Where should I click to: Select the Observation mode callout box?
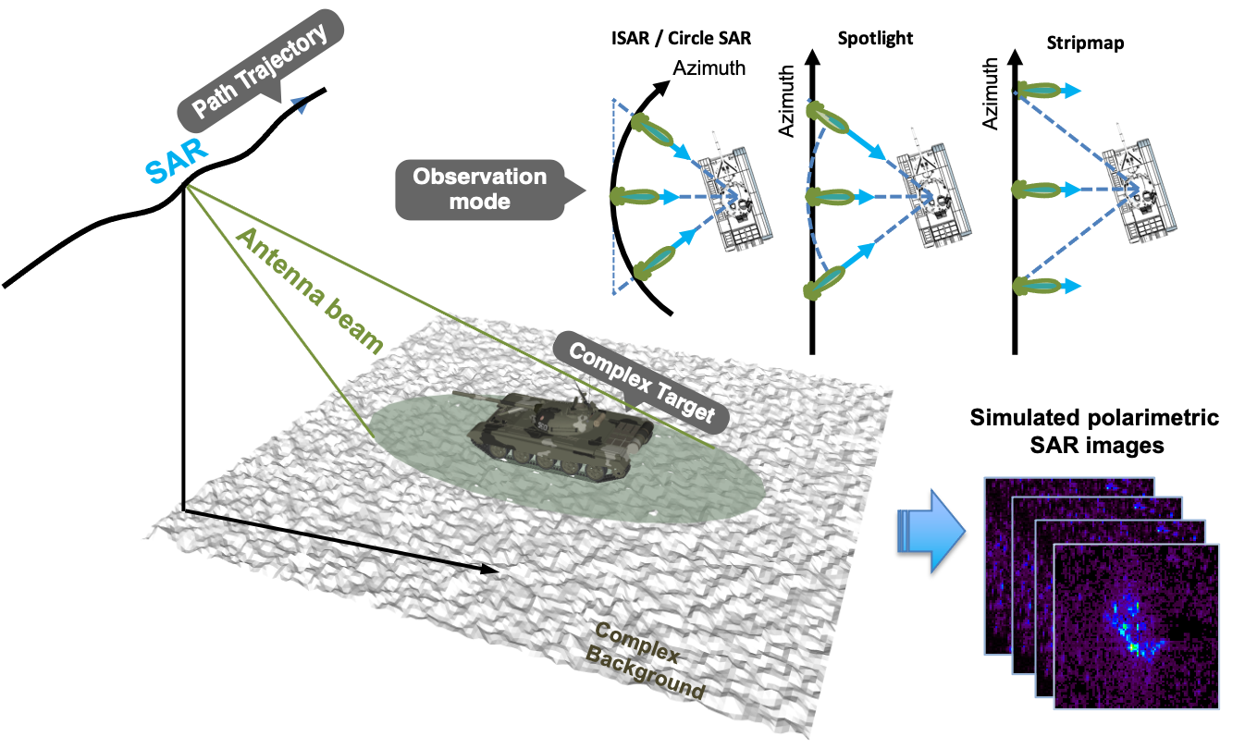[x=480, y=189]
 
